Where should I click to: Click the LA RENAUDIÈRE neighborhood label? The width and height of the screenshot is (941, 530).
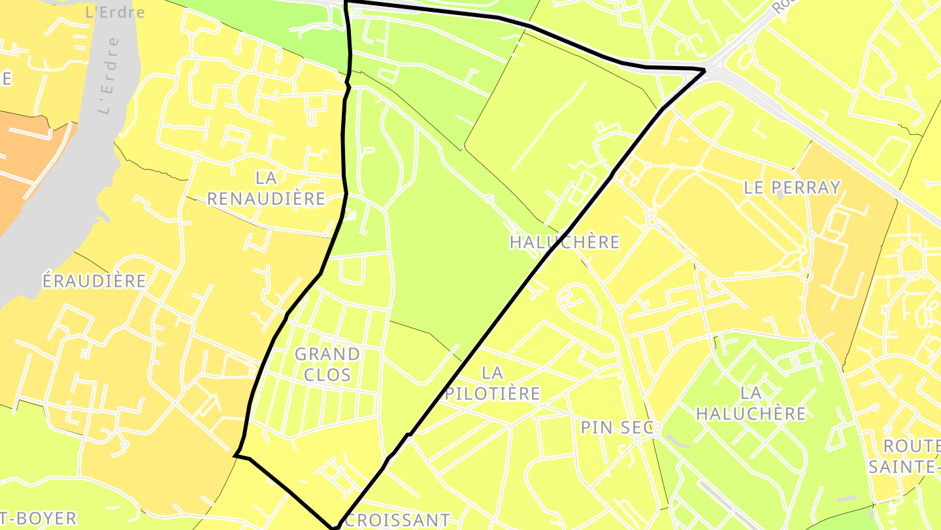coord(266,188)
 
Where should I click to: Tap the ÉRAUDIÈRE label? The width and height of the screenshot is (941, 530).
coord(94,281)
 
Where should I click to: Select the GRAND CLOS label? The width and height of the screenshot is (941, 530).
coord(327,364)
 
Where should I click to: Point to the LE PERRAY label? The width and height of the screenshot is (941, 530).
coord(792,187)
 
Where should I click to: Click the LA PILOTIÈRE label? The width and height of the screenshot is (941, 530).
coord(493,383)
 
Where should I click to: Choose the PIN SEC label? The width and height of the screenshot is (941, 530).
coord(617,427)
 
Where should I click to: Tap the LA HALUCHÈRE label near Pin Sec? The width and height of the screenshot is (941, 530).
coord(751,403)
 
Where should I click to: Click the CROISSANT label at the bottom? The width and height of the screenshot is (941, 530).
coord(397,520)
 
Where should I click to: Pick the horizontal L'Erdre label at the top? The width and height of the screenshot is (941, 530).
coord(115,12)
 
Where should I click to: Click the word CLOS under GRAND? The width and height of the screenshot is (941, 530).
coord(327,375)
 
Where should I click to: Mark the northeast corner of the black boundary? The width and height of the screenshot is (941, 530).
coord(704,69)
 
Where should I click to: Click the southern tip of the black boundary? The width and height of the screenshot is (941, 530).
coord(335,526)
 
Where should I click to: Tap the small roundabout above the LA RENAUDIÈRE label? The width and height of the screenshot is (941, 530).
coord(197,156)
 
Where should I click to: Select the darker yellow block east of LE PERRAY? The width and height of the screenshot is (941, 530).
coord(850,262)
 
